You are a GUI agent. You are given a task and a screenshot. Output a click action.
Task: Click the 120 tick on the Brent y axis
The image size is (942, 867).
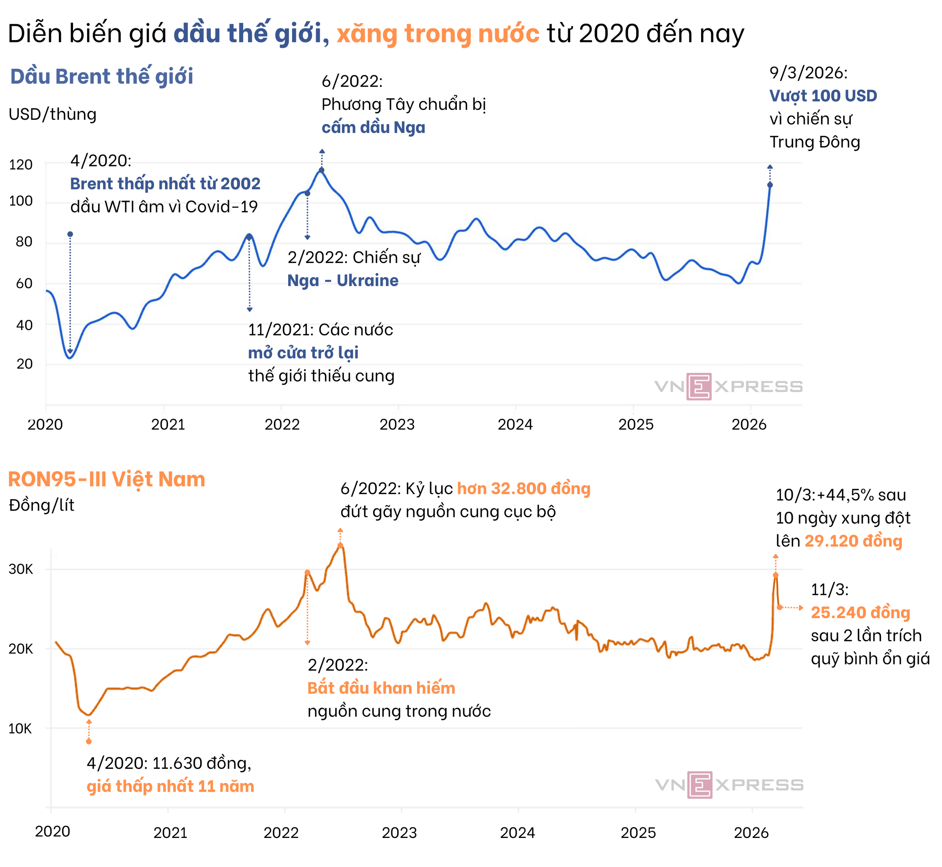pyautogui.click(x=21, y=165)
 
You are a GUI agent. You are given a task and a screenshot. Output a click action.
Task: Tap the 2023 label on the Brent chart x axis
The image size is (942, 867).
pyautogui.click(x=397, y=425)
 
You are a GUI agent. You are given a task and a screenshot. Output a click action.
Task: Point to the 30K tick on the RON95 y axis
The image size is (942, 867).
pyautogui.click(x=21, y=569)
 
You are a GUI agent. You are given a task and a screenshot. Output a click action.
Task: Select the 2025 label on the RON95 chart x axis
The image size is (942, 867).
pyautogui.click(x=637, y=833)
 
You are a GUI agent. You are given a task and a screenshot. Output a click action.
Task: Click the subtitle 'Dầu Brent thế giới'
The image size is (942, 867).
pyautogui.click(x=102, y=77)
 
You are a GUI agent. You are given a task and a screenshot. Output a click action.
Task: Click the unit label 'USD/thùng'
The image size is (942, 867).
pyautogui.click(x=53, y=114)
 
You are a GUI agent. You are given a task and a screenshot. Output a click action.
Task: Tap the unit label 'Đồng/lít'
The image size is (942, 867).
pyautogui.click(x=42, y=505)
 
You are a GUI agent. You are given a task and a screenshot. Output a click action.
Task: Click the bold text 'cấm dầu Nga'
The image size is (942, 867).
pyautogui.click(x=373, y=128)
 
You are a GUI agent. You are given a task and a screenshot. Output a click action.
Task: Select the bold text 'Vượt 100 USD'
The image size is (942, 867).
pyautogui.click(x=823, y=96)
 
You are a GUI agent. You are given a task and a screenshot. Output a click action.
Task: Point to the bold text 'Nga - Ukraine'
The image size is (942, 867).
pyautogui.click(x=343, y=281)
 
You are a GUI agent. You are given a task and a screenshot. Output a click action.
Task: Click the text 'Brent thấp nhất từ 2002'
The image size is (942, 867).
pyautogui.click(x=165, y=183)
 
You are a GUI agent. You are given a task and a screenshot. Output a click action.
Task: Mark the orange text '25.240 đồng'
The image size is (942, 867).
pyautogui.click(x=860, y=613)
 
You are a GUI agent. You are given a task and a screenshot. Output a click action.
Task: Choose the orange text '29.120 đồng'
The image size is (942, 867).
pyautogui.click(x=853, y=541)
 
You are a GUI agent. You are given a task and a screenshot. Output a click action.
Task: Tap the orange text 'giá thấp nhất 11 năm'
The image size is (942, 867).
pyautogui.click(x=170, y=786)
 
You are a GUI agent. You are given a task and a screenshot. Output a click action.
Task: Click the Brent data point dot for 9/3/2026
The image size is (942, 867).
pyautogui.click(x=770, y=185)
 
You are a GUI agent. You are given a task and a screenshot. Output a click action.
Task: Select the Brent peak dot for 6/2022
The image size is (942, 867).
pyautogui.click(x=322, y=170)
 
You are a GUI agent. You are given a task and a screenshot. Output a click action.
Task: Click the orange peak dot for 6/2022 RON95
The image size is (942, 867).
pyautogui.click(x=341, y=546)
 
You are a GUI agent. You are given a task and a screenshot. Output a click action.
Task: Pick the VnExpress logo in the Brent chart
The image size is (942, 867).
pyautogui.click(x=728, y=387)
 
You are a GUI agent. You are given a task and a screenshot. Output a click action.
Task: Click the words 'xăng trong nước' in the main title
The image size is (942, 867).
pyautogui.click(x=438, y=34)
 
